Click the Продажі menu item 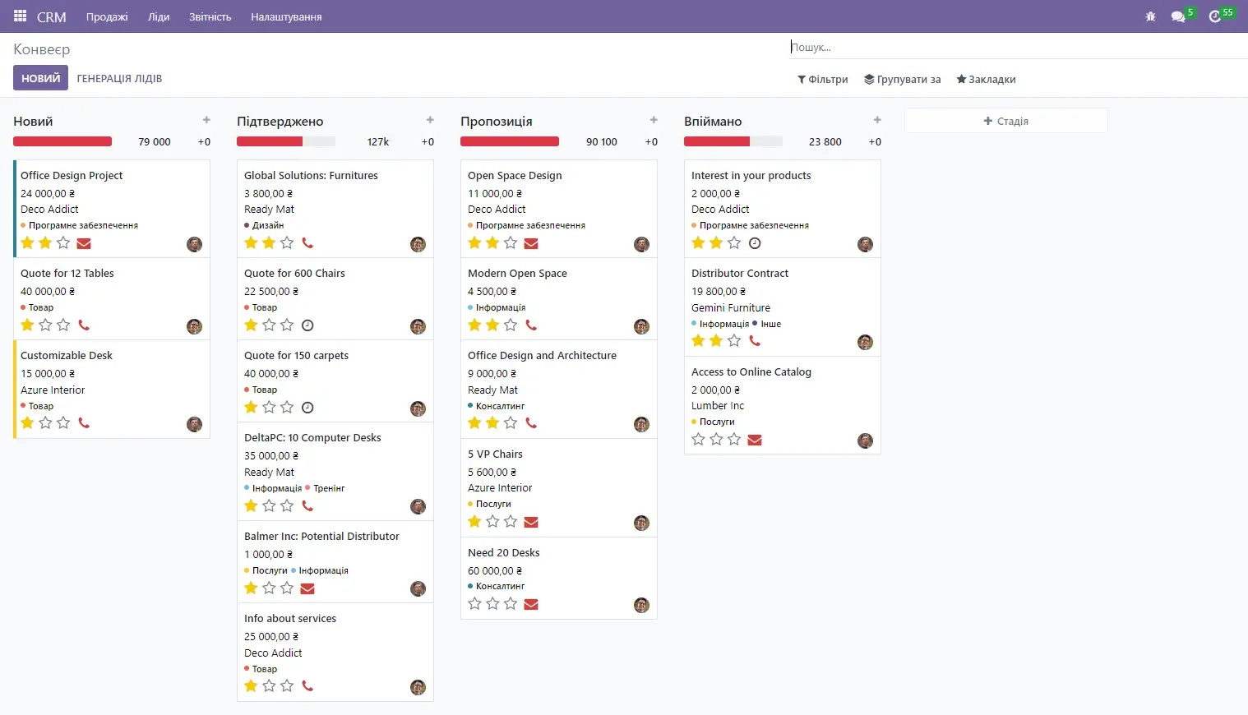click(x=107, y=16)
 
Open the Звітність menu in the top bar click(x=210, y=16)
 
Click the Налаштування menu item click(x=286, y=16)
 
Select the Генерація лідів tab click(x=119, y=79)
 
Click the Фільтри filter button click(x=823, y=80)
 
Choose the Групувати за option click(x=902, y=80)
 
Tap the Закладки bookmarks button click(x=986, y=80)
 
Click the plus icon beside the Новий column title click(x=206, y=121)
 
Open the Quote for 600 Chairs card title click(x=294, y=274)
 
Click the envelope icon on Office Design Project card click(x=84, y=243)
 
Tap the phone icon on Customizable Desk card click(x=84, y=423)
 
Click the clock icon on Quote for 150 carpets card click(x=307, y=408)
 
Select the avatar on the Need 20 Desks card click(x=641, y=606)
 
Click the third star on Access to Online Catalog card click(x=734, y=440)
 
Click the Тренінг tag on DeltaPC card click(x=328, y=488)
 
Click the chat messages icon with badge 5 click(x=1178, y=16)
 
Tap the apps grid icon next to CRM click(x=21, y=16)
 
